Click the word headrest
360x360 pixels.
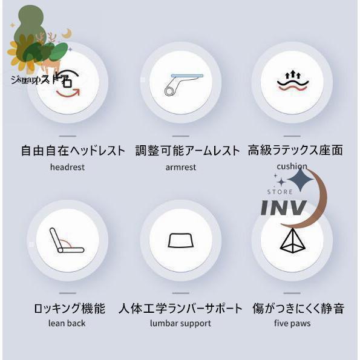(x=68, y=167)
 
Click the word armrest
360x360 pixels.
(x=180, y=167)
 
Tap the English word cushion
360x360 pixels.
(x=292, y=166)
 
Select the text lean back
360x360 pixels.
(x=67, y=323)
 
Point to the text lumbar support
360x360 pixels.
(x=180, y=323)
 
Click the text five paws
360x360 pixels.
(x=292, y=323)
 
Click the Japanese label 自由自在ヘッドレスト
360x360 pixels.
(x=73, y=150)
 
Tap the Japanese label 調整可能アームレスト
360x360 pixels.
(x=188, y=150)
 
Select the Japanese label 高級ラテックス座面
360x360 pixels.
(x=295, y=150)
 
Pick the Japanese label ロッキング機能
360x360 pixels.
(x=70, y=309)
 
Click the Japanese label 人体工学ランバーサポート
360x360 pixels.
(x=181, y=309)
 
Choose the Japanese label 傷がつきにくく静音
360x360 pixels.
(x=298, y=309)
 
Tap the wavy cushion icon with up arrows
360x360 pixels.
(x=292, y=81)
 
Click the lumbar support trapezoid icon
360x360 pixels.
(x=180, y=240)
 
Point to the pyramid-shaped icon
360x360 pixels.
(x=292, y=241)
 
